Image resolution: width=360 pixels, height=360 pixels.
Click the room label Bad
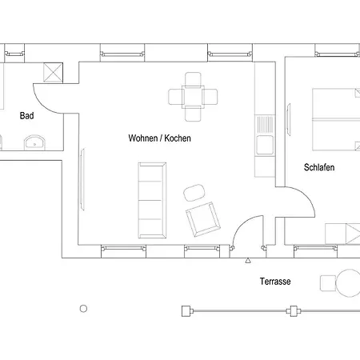[x=26, y=116]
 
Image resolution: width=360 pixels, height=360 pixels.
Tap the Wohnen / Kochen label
[x=159, y=138]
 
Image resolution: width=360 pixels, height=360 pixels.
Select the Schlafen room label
[x=319, y=167]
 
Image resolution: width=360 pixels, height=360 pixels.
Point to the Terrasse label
[x=275, y=282]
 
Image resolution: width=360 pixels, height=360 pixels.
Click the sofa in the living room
[x=152, y=200]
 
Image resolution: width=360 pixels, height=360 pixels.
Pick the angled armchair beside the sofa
[x=203, y=219]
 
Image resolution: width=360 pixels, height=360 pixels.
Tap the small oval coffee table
[x=194, y=193]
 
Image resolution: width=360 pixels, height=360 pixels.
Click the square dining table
[x=193, y=97]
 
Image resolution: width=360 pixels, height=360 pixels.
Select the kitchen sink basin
[x=265, y=145]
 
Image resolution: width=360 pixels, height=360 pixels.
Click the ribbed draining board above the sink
[x=265, y=125]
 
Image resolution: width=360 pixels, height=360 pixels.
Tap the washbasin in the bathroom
[x=35, y=142]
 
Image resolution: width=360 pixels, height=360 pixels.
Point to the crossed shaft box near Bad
[x=53, y=72]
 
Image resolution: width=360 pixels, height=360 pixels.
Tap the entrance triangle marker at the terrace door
[x=248, y=261]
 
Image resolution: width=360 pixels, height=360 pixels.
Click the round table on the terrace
[x=348, y=283]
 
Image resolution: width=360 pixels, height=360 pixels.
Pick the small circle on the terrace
[x=83, y=309]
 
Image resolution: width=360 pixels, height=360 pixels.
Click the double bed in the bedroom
[x=336, y=119]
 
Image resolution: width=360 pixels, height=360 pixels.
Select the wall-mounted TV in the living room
[x=82, y=179]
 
